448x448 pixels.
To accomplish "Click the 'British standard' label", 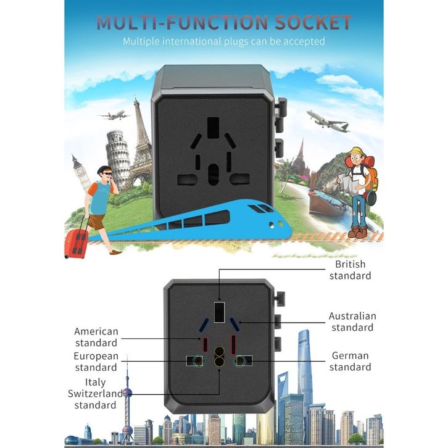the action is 350,270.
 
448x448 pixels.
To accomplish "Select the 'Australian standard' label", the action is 352,321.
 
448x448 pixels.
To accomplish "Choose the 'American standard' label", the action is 96,337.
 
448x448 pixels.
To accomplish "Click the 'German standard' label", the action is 350,361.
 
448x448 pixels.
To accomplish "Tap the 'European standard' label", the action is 96,362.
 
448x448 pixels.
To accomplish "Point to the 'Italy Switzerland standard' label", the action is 96,394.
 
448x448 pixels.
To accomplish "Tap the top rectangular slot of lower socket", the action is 219,311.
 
